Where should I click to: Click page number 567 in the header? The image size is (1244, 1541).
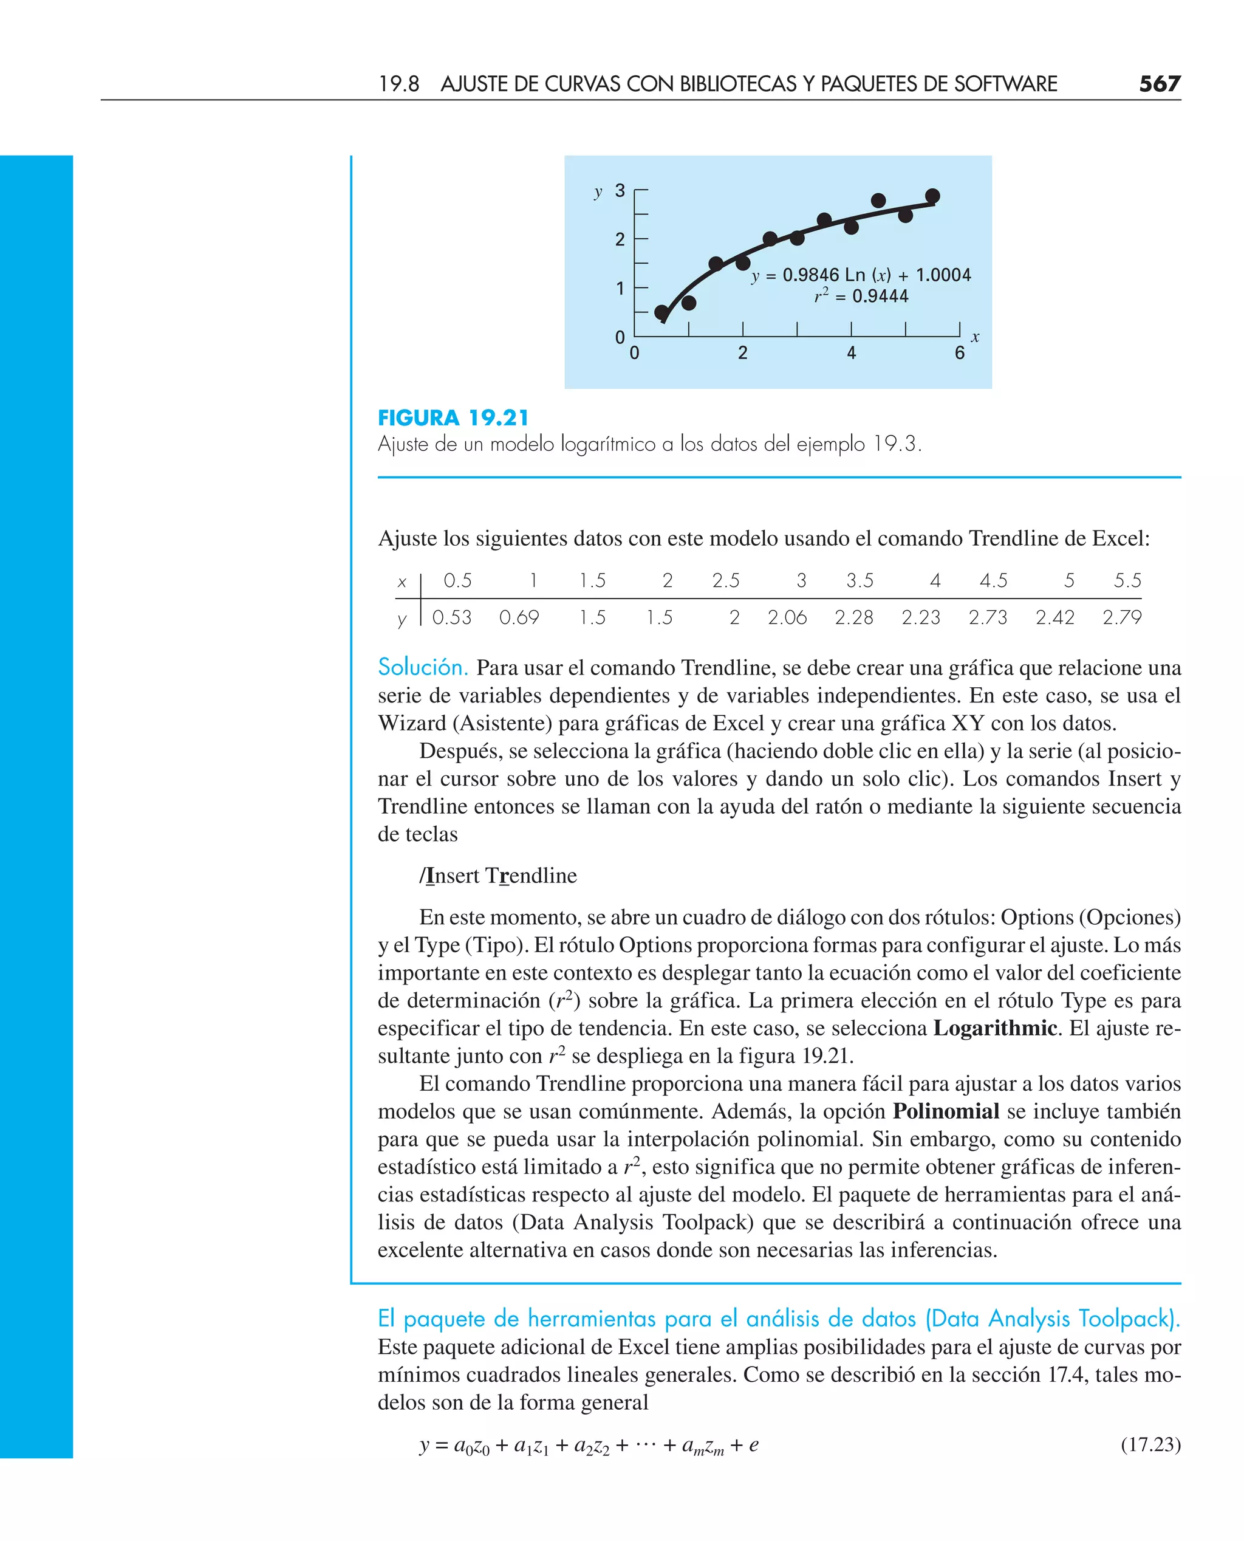[x=1159, y=84]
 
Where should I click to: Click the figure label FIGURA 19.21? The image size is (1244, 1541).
[x=453, y=418]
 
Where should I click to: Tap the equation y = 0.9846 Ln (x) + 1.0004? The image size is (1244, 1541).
[x=861, y=275]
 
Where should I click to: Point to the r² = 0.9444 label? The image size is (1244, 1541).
[x=861, y=296]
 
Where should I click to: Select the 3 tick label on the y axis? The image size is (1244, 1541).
[x=620, y=191]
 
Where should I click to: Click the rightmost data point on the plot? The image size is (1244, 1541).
[x=932, y=196]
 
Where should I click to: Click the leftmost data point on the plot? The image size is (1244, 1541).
[x=661, y=312]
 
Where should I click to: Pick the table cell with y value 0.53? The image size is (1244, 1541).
[x=451, y=617]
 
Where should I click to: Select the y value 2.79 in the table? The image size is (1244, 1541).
[x=1121, y=617]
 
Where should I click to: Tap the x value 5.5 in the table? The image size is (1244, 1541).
[x=1127, y=580]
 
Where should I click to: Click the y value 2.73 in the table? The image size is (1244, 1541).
[x=988, y=617]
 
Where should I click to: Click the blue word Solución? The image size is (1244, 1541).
[x=423, y=667]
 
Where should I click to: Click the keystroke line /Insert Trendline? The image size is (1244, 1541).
[x=498, y=876]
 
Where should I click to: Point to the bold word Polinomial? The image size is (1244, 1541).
[x=945, y=1111]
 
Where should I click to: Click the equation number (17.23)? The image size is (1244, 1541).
[x=1150, y=1444]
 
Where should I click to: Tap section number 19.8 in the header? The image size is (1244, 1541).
[x=398, y=84]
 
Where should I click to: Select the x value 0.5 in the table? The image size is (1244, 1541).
[x=457, y=580]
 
